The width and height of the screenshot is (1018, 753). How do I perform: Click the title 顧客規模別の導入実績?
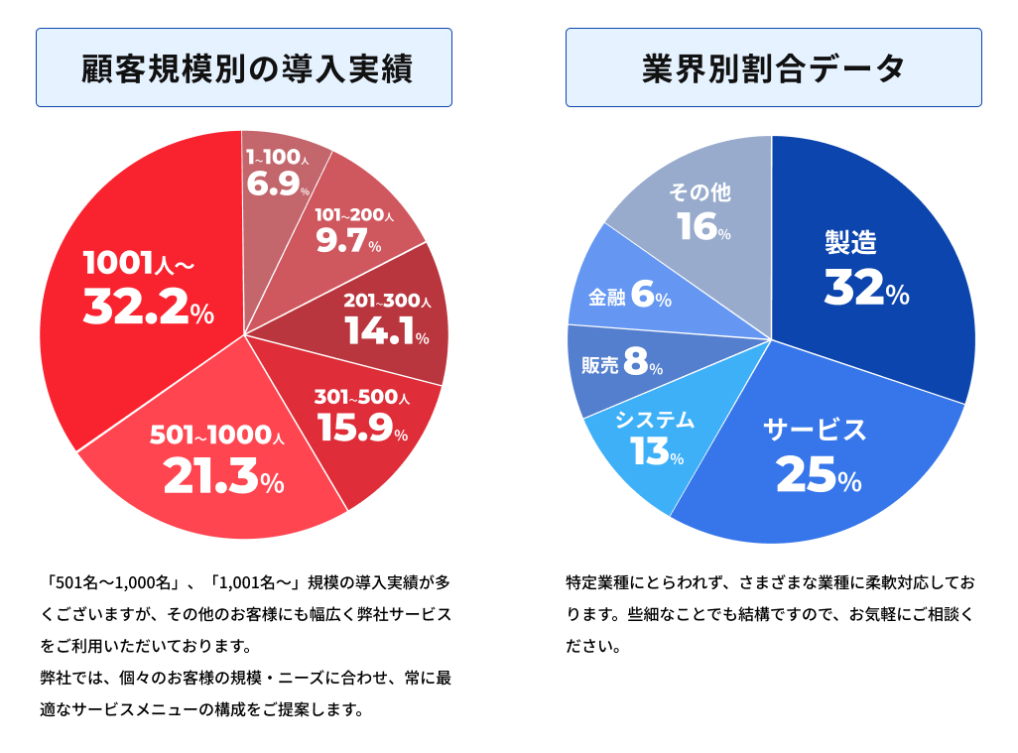pos(244,69)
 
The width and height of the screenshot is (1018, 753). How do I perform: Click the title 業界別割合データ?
pos(773,69)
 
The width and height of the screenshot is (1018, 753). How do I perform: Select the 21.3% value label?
pos(223,477)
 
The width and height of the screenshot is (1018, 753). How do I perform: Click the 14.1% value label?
pos(387,332)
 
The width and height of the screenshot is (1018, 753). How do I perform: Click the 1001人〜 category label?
pos(138,264)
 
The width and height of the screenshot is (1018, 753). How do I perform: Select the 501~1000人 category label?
pos(217,436)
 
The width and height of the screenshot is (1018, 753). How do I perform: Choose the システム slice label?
pos(655,420)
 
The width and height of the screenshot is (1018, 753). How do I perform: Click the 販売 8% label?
pos(622,365)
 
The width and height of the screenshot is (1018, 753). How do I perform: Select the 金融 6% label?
pos(630,297)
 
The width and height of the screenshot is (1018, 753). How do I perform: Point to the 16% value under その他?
pos(704,228)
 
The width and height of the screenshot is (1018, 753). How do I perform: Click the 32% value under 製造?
pos(866,289)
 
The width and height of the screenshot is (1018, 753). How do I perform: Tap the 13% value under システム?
pos(657,452)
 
